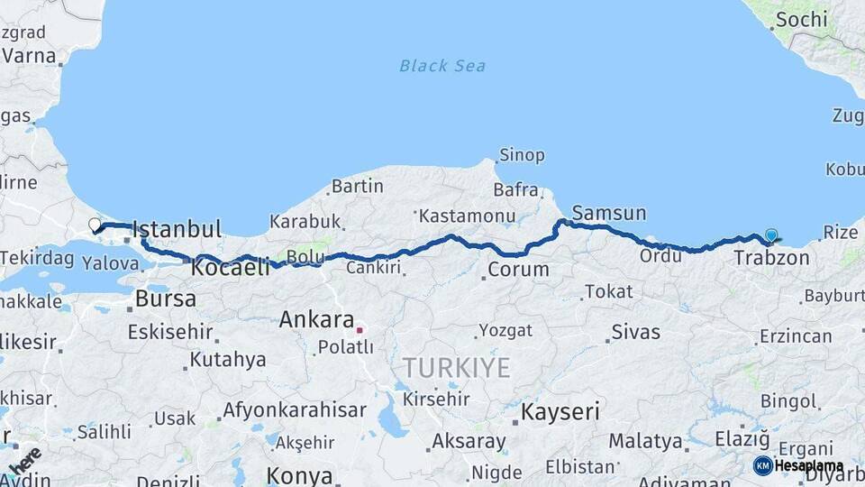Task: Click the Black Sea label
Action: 442,65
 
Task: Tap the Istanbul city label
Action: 177,230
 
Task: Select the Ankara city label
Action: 316,319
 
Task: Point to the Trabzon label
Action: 771,258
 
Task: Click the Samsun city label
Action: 609,214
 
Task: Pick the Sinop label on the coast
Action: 522,155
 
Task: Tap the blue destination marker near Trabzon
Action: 771,235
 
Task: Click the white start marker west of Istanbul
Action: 95,224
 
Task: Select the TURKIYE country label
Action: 456,368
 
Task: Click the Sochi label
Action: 801,19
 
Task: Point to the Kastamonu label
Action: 468,216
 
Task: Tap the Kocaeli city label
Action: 230,267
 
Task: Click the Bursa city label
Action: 166,299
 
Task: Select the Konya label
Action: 299,476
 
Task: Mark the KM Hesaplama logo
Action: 798,465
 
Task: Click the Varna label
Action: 29,55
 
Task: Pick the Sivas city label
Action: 636,332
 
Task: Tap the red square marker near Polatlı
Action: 359,330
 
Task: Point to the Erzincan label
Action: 796,336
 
